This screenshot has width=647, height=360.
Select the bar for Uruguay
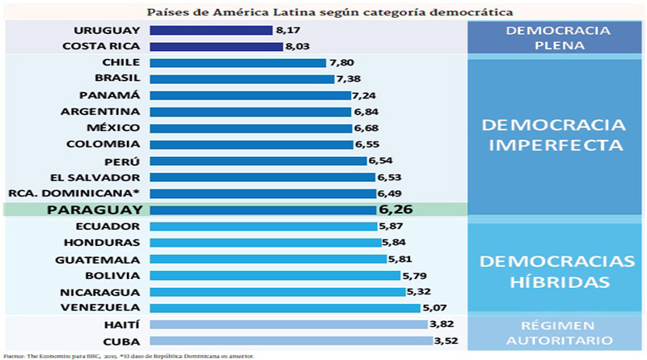[x=210, y=30]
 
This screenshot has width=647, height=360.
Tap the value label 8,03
[x=297, y=47]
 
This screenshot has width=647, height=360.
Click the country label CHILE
[x=121, y=62]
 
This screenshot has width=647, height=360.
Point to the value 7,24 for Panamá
[x=365, y=95]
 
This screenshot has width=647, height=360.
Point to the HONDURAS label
[x=108, y=243]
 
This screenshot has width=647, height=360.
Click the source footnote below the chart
[x=129, y=355]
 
